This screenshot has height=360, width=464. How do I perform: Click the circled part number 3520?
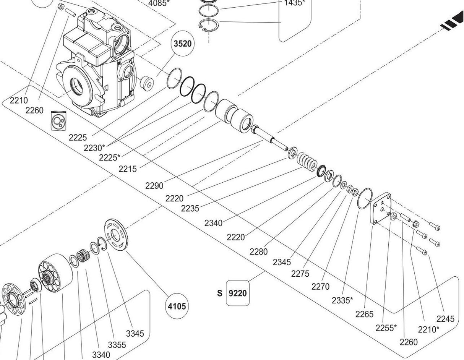[182, 44]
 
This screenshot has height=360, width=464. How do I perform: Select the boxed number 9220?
[237, 293]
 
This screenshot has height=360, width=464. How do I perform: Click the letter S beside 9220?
[219, 293]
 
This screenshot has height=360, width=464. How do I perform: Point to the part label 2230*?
[94, 147]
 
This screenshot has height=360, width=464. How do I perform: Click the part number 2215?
[127, 169]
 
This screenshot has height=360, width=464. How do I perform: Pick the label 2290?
[154, 186]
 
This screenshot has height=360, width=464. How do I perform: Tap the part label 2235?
[190, 208]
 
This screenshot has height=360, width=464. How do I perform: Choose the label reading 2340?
[213, 223]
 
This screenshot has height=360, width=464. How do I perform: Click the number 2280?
[258, 251]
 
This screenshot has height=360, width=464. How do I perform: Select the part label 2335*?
[342, 300]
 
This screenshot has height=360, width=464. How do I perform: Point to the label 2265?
[364, 314]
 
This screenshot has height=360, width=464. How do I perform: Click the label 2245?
[445, 318]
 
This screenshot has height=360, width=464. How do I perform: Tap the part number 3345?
[135, 333]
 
